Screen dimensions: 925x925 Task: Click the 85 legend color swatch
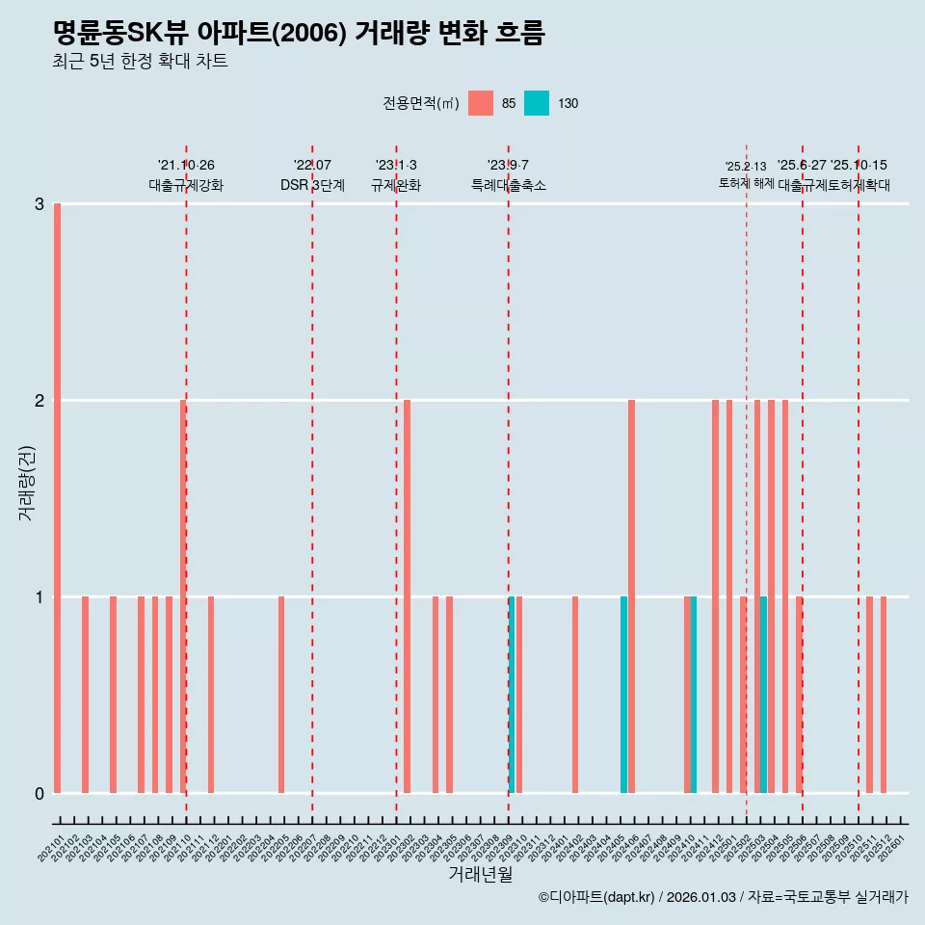pyautogui.click(x=480, y=103)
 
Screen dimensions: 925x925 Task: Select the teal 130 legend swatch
pyautogui.click(x=537, y=103)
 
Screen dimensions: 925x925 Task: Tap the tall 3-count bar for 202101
pyautogui.click(x=58, y=498)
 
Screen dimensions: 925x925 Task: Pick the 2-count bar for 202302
pyautogui.click(x=408, y=596)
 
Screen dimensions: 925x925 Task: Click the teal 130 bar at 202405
pyautogui.click(x=624, y=695)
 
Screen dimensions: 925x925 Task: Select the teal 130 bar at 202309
pyautogui.click(x=512, y=695)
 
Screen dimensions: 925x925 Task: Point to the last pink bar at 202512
pyautogui.click(x=884, y=695)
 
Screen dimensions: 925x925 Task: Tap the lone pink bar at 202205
pyautogui.click(x=281, y=695)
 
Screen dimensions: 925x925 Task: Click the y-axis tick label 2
pyautogui.click(x=40, y=401)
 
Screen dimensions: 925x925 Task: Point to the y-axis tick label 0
pyautogui.click(x=40, y=794)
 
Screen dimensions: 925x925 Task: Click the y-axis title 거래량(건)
pyautogui.click(x=26, y=482)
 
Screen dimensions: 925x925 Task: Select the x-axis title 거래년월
pyautogui.click(x=480, y=874)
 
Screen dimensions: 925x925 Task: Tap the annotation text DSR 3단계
pyautogui.click(x=312, y=185)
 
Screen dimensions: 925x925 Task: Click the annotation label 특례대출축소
pyautogui.click(x=508, y=185)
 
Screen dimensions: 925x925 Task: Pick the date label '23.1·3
pyautogui.click(x=396, y=166)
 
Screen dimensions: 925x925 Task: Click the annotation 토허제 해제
pyautogui.click(x=746, y=183)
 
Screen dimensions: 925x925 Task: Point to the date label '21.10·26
pyautogui.click(x=186, y=166)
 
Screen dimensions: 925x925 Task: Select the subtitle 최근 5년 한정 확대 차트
pyautogui.click(x=140, y=63)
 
